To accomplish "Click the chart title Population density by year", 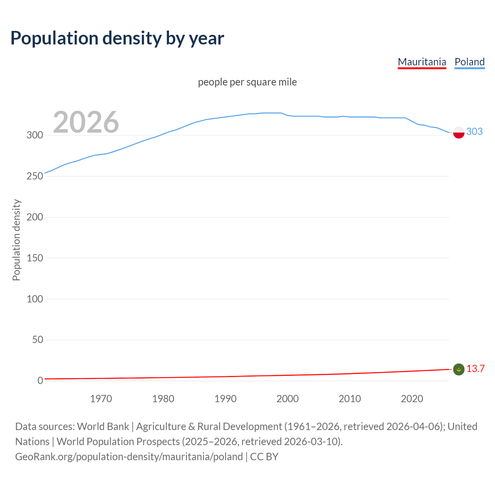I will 117,38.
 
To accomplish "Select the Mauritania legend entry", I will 422,62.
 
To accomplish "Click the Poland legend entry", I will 469,62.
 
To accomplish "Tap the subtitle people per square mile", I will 247,82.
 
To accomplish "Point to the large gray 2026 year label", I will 86,122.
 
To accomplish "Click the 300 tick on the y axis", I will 35,135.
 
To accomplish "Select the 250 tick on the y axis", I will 35,176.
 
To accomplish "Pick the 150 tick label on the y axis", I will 35,258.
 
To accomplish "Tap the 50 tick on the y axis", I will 38,340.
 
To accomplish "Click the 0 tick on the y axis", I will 40,381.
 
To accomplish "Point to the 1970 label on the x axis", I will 101,399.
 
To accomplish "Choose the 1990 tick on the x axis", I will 225,399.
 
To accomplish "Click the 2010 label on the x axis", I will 350,399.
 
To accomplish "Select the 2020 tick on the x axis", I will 412,399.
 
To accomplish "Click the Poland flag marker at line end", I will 459,132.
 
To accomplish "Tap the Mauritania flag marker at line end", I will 459,369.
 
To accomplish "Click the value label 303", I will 475,132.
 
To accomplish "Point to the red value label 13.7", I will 475,369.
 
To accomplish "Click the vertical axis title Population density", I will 16,240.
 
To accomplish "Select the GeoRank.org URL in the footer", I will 129,457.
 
